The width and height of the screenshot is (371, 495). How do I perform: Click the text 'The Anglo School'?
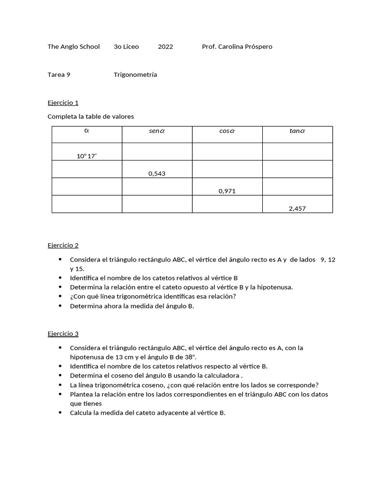[73, 47]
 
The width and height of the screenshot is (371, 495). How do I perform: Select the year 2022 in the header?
[165, 47]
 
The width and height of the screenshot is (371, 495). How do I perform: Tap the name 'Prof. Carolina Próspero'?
[237, 47]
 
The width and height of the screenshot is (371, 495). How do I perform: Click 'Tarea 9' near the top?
[59, 75]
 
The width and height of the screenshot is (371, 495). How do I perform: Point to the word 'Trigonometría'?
[135, 75]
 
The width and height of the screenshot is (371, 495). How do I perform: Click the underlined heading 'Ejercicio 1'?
[63, 102]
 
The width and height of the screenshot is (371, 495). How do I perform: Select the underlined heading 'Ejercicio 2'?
[63, 246]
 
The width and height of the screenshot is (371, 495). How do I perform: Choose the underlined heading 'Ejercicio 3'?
[63, 334]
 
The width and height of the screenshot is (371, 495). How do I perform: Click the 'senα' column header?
[157, 131]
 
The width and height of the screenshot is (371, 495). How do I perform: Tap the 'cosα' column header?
[227, 131]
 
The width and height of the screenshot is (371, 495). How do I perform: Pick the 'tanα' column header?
[298, 131]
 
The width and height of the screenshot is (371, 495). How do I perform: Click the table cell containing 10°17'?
[87, 156]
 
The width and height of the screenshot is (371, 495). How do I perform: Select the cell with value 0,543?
[157, 174]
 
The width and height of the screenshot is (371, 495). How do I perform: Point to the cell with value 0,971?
[227, 191]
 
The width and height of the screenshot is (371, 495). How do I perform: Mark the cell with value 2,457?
[298, 208]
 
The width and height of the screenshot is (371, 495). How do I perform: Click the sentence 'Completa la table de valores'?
[90, 116]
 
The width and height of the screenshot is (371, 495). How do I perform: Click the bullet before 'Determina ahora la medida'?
[60, 306]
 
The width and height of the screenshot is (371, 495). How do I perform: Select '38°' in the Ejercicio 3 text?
[190, 357]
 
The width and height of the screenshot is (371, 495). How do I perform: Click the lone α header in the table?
[87, 130]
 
